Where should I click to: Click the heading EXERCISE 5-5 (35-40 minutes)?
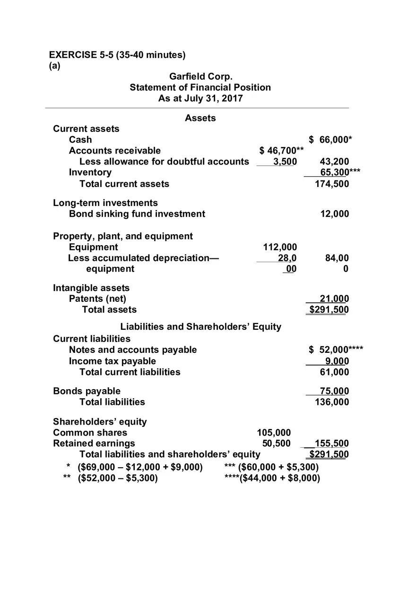click(x=117, y=55)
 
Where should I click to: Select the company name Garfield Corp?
click(x=200, y=77)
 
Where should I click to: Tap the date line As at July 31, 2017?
click(x=200, y=98)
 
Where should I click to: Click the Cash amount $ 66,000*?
click(x=330, y=139)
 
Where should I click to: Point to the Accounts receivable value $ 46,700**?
click(x=282, y=150)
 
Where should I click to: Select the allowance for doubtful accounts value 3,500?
click(x=286, y=161)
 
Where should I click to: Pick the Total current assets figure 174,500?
click(x=332, y=184)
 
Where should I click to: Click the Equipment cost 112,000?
click(x=280, y=247)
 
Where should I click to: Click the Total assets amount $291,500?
click(x=329, y=310)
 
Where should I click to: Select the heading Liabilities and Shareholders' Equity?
click(x=200, y=326)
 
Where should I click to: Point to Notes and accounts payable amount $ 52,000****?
click(x=336, y=350)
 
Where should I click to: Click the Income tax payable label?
click(x=112, y=361)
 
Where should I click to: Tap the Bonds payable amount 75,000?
click(x=334, y=391)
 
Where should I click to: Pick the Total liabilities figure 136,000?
click(x=332, y=402)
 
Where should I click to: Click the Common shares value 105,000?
click(x=274, y=432)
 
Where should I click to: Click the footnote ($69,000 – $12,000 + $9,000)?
click(x=140, y=467)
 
